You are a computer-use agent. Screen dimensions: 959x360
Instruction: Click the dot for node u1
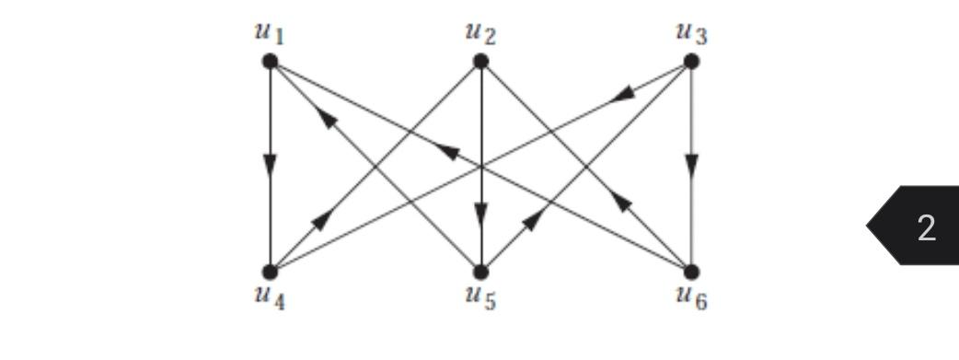270,62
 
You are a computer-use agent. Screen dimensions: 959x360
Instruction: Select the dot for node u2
480,62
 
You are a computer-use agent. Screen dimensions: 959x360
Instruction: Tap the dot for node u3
691,62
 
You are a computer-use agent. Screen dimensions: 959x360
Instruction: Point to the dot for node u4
270,272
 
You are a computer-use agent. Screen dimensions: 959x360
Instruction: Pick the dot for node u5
480,272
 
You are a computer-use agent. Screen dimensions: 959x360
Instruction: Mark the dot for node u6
691,272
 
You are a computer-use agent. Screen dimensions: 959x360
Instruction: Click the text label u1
270,34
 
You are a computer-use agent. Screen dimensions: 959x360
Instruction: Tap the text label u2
480,34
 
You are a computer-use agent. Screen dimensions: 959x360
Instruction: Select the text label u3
692,34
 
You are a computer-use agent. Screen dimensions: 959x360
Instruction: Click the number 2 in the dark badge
926,226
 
